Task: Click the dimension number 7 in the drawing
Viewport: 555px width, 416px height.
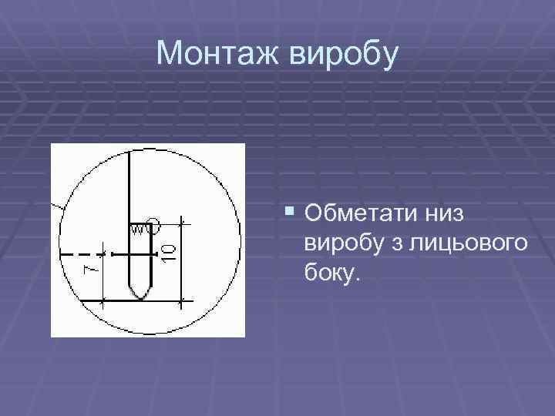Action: coord(90,268)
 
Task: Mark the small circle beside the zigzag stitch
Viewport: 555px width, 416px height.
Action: coord(153,226)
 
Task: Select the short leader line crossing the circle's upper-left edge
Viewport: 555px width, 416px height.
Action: coord(56,206)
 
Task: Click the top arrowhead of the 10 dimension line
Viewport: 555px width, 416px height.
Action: coord(183,224)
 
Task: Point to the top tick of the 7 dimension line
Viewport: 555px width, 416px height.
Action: coord(105,255)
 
